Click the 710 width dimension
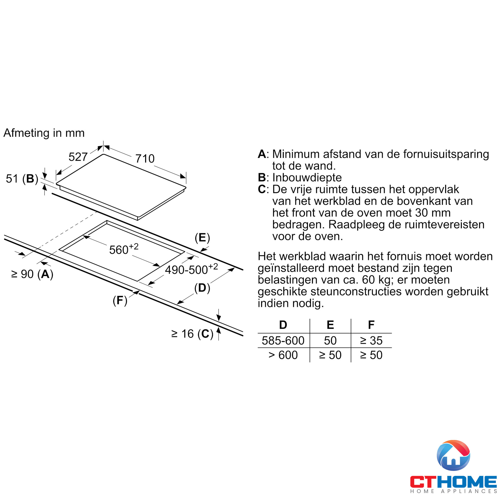pos(145,159)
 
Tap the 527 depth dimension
pos(78,157)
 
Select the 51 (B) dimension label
pos(22,179)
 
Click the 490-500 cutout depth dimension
pos(191,269)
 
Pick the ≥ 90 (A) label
pos(32,274)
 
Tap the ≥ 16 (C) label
pos(192,334)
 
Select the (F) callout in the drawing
pos(120,300)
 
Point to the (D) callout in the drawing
pos(202,288)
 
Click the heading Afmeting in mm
pos(44,133)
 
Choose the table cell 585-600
pos(283,340)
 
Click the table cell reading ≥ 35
pos(371,340)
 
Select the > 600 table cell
pos(283,355)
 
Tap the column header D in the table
pos(283,325)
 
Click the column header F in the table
pos(371,325)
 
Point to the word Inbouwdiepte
pos(307,177)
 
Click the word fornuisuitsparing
pos(446,154)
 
